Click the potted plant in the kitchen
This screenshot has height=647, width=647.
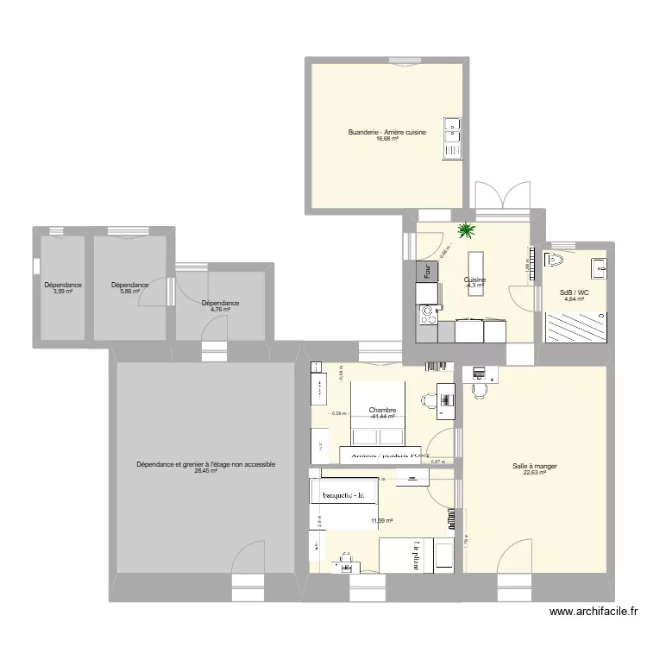click(467, 230)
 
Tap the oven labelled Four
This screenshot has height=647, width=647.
click(427, 271)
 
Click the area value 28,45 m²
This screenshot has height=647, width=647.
click(206, 472)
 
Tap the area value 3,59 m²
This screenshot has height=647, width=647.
click(62, 292)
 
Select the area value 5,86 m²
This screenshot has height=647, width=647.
click(130, 292)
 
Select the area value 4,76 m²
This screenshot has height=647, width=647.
click(220, 310)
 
